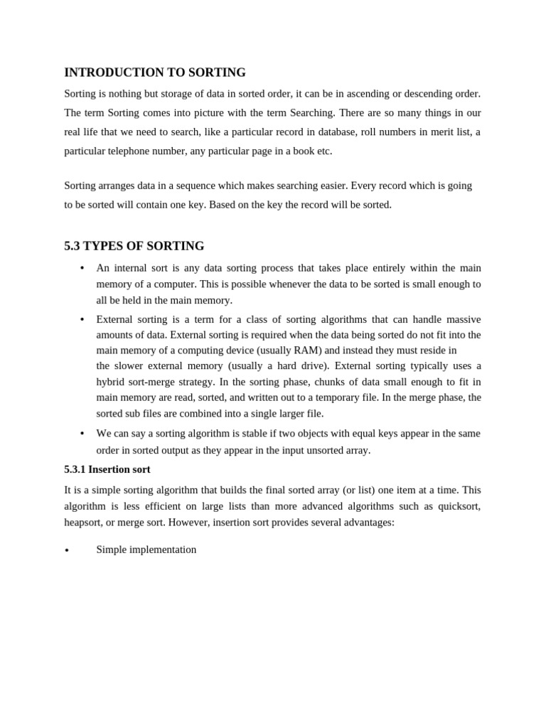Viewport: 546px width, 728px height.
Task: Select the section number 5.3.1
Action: pos(75,469)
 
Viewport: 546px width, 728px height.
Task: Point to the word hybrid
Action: pos(112,382)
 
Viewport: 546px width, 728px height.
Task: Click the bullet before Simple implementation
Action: pos(67,551)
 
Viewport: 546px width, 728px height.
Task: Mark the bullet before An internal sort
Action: pos(82,269)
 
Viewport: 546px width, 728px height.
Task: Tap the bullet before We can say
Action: pos(82,434)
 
